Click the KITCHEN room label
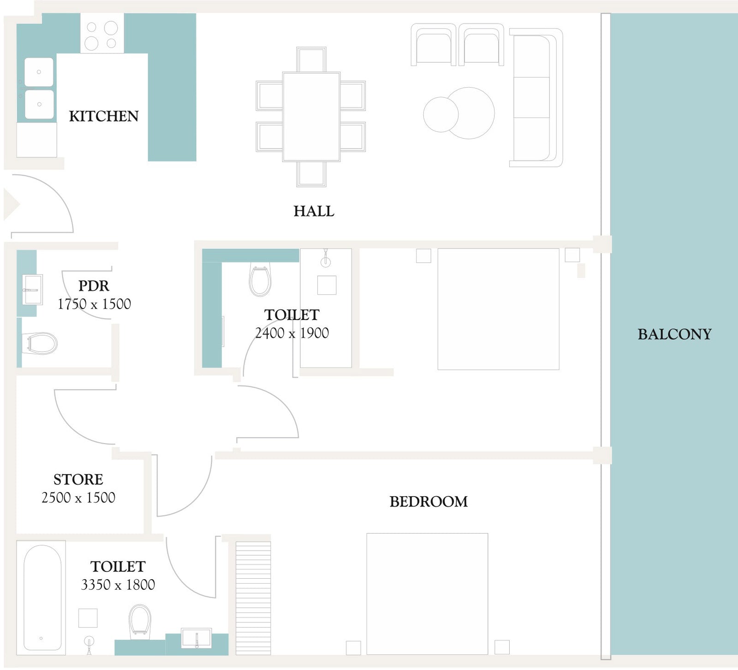click(104, 116)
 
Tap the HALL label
click(314, 211)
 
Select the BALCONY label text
click(674, 334)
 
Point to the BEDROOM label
click(429, 502)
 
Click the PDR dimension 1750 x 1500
click(94, 304)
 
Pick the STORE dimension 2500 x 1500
click(78, 498)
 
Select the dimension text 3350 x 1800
click(118, 585)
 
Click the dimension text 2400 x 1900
click(292, 333)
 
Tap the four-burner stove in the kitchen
click(102, 33)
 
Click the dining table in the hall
click(311, 117)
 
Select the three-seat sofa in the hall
click(536, 97)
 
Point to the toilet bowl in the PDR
click(40, 344)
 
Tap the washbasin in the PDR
click(32, 290)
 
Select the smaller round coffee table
click(440, 114)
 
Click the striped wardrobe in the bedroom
click(253, 599)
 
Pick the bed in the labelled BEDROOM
click(427, 594)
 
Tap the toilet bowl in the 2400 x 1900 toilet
click(260, 280)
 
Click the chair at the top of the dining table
click(311, 59)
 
